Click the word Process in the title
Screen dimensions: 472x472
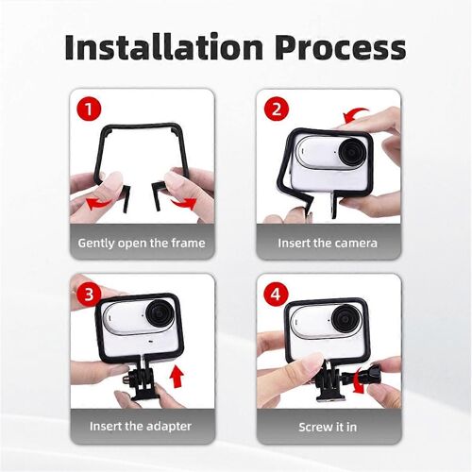pyautogui.click(x=343, y=47)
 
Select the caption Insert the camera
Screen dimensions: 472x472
pyautogui.click(x=328, y=243)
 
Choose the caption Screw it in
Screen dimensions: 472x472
pyautogui.click(x=328, y=426)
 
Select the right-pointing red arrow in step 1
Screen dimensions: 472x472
pyautogui.click(x=183, y=200)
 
